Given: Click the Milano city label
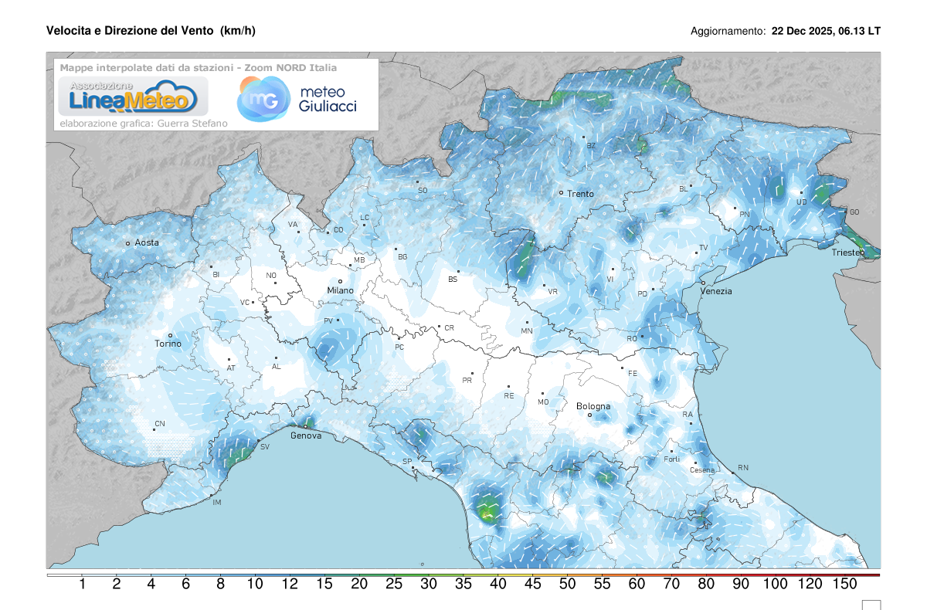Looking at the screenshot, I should pyautogui.click(x=340, y=290).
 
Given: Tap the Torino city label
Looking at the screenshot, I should pyautogui.click(x=168, y=344).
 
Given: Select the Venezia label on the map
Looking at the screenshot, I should pyautogui.click(x=716, y=291).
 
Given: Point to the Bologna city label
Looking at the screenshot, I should pyautogui.click(x=593, y=406).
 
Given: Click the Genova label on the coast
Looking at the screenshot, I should pyautogui.click(x=306, y=435).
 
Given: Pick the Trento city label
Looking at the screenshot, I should pyautogui.click(x=580, y=194).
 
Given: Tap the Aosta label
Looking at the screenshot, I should pyautogui.click(x=147, y=242).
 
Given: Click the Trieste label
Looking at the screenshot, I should pyautogui.click(x=848, y=253).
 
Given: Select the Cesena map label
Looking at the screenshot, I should pyautogui.click(x=702, y=470).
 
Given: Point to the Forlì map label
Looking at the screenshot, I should pyautogui.click(x=672, y=459).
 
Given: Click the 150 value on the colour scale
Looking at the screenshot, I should pyautogui.click(x=844, y=585).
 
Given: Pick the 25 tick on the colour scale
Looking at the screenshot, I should pyautogui.click(x=394, y=585).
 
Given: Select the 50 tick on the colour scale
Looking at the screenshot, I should pyautogui.click(x=567, y=585).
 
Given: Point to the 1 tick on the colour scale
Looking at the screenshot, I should pyautogui.click(x=82, y=585).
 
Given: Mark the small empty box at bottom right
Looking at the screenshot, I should pyautogui.click(x=871, y=605).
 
